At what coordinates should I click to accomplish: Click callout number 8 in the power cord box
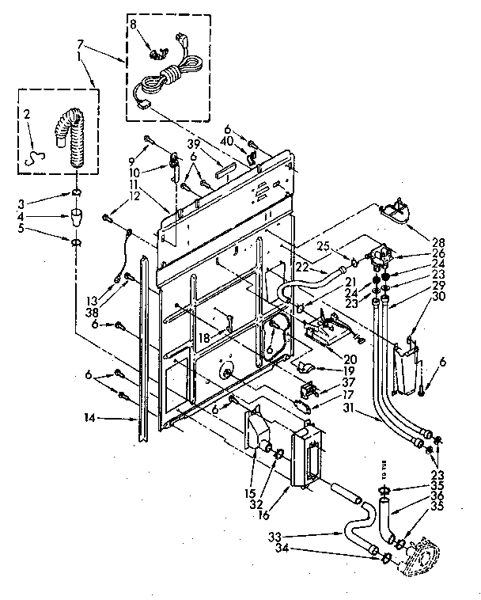[x=134, y=25]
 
